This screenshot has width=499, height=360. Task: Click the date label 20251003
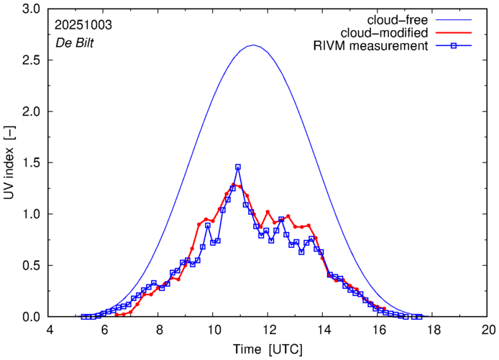click(x=83, y=24)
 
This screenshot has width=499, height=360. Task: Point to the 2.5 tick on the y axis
click(x=32, y=60)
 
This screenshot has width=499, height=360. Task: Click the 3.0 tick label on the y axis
click(x=32, y=9)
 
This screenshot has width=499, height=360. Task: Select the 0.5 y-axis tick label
click(x=32, y=266)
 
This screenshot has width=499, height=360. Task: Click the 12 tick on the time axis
click(x=268, y=330)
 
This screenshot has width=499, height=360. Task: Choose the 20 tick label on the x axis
click(x=488, y=330)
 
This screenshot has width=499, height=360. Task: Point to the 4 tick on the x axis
click(x=49, y=330)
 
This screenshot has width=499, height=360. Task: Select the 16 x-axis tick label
click(x=378, y=330)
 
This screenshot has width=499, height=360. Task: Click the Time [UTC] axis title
click(x=268, y=349)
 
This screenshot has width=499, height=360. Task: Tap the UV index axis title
click(x=9, y=163)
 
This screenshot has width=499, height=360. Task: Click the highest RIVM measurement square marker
click(x=238, y=167)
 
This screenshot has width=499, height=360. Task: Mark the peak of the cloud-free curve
click(x=254, y=45)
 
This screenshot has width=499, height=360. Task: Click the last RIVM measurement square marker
click(x=419, y=316)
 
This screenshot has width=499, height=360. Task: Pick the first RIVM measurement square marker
click(x=83, y=316)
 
